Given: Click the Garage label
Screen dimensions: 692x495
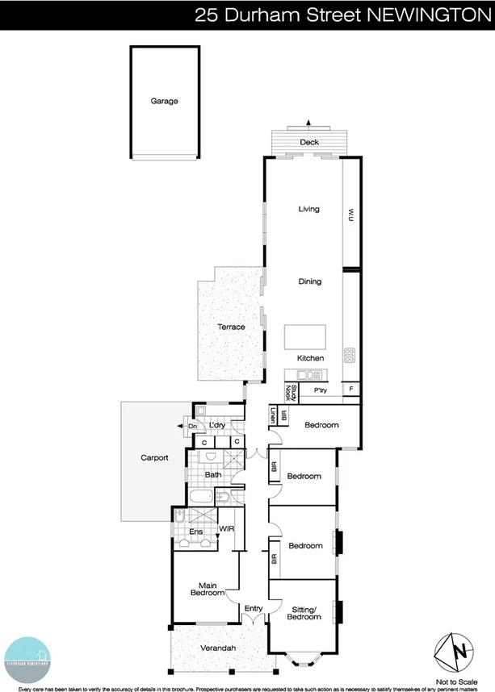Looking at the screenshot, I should pyautogui.click(x=164, y=102).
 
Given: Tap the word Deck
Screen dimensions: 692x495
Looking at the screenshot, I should pyautogui.click(x=309, y=143).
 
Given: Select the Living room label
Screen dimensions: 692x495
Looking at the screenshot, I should pyautogui.click(x=308, y=209).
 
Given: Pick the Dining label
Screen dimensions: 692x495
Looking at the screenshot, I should pyautogui.click(x=309, y=281).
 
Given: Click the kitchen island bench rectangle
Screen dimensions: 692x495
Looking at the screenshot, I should pyautogui.click(x=304, y=336).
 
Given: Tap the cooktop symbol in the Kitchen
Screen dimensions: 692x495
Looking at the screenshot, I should pyautogui.click(x=349, y=355).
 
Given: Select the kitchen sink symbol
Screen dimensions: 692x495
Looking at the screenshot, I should pyautogui.click(x=309, y=374).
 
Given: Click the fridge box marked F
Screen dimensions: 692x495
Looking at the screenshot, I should pyautogui.click(x=351, y=390).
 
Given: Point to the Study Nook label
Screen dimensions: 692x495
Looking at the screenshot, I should pyautogui.click(x=292, y=393).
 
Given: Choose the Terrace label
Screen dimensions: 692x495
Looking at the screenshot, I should pyautogui.click(x=230, y=327).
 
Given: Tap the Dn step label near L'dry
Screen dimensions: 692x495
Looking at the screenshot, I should pyautogui.click(x=192, y=426).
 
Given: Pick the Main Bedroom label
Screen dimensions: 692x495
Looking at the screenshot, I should pyautogui.click(x=207, y=590).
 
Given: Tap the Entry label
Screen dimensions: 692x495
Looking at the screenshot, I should pyautogui.click(x=254, y=609).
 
